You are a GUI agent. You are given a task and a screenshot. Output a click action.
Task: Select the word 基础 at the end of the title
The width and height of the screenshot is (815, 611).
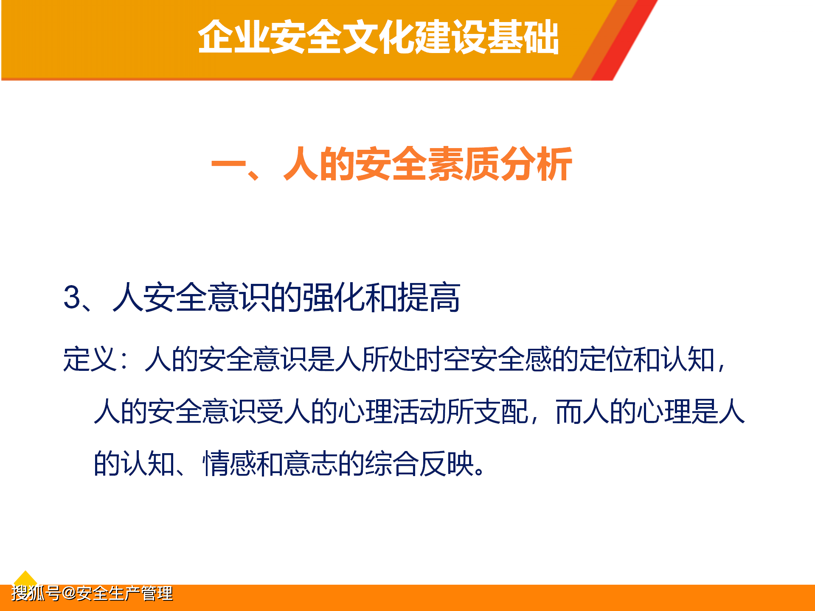[x=523, y=37]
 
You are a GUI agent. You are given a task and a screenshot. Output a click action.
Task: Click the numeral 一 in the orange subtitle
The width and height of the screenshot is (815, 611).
[x=228, y=165]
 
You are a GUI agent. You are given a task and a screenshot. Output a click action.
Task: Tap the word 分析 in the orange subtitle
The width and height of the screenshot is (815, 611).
[x=536, y=164]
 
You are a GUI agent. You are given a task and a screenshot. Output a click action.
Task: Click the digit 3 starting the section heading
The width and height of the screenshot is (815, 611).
[x=72, y=297]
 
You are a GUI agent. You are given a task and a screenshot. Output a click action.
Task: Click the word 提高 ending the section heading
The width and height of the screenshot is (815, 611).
[x=429, y=297]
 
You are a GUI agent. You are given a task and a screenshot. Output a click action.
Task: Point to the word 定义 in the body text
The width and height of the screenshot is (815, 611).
[x=90, y=359]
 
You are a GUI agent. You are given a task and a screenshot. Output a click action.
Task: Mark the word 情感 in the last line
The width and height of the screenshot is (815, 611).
[x=230, y=463]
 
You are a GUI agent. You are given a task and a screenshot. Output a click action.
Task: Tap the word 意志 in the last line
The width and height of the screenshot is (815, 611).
[x=311, y=463]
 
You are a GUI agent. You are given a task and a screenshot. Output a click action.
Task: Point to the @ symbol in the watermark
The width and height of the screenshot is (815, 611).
[x=68, y=593]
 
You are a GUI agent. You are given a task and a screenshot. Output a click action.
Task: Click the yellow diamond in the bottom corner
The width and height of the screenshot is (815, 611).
[x=25, y=579]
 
